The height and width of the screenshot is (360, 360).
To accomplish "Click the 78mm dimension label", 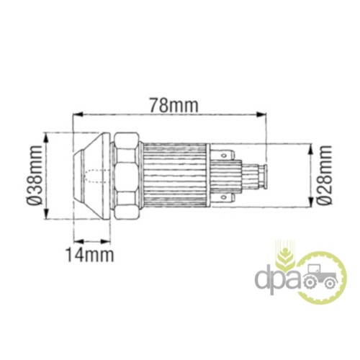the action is (x=174, y=104).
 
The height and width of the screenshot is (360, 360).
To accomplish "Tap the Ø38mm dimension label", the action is (x=35, y=175).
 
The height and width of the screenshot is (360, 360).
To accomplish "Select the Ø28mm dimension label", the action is (x=324, y=175).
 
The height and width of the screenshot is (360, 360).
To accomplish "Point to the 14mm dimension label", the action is (x=90, y=255).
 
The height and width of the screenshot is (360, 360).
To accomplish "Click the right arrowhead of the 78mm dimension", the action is (x=261, y=114).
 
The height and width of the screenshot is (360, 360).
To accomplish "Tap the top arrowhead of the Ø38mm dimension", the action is (x=46, y=138).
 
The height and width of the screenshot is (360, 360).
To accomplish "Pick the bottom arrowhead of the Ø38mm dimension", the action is (x=46, y=213).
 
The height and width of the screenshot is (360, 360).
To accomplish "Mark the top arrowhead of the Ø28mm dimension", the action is (x=311, y=149).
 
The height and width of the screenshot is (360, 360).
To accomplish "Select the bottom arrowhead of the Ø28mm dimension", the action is (x=311, y=202).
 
